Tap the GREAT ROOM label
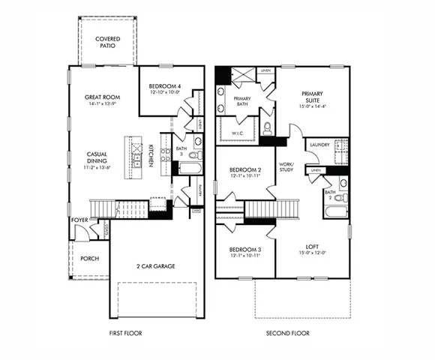pos(103,97)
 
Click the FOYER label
pos(79,220)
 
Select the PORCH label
pos(89,258)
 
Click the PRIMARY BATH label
pos(242,102)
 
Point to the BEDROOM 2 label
pos(244,170)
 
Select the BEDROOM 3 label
pos(244,249)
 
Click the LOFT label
pos(312,245)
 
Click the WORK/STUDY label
pos(286,166)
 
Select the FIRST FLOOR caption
pos(125,333)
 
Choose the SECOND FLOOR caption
pos(289,333)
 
